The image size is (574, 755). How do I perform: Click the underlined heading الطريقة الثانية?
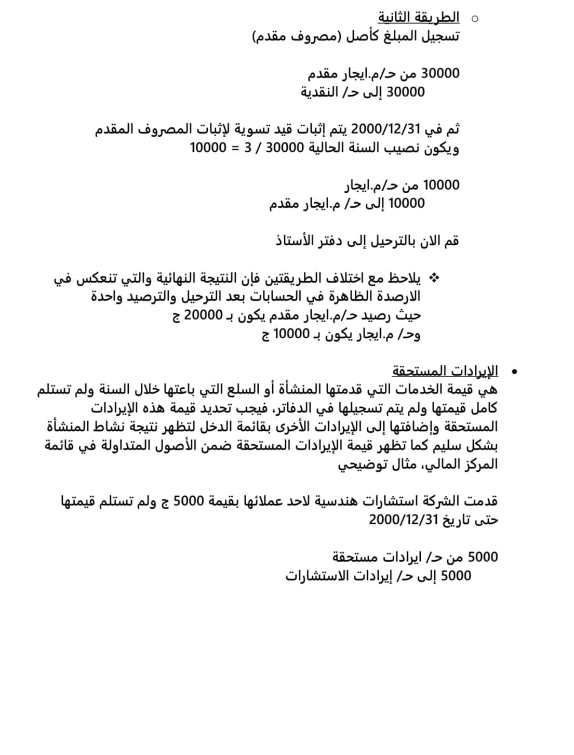(418, 18)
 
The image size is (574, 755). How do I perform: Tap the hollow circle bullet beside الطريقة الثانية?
(474, 19)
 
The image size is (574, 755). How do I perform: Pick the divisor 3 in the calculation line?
(248, 148)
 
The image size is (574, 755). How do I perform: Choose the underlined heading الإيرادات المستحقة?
(445, 371)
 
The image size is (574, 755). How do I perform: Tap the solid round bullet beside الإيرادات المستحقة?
(514, 372)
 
